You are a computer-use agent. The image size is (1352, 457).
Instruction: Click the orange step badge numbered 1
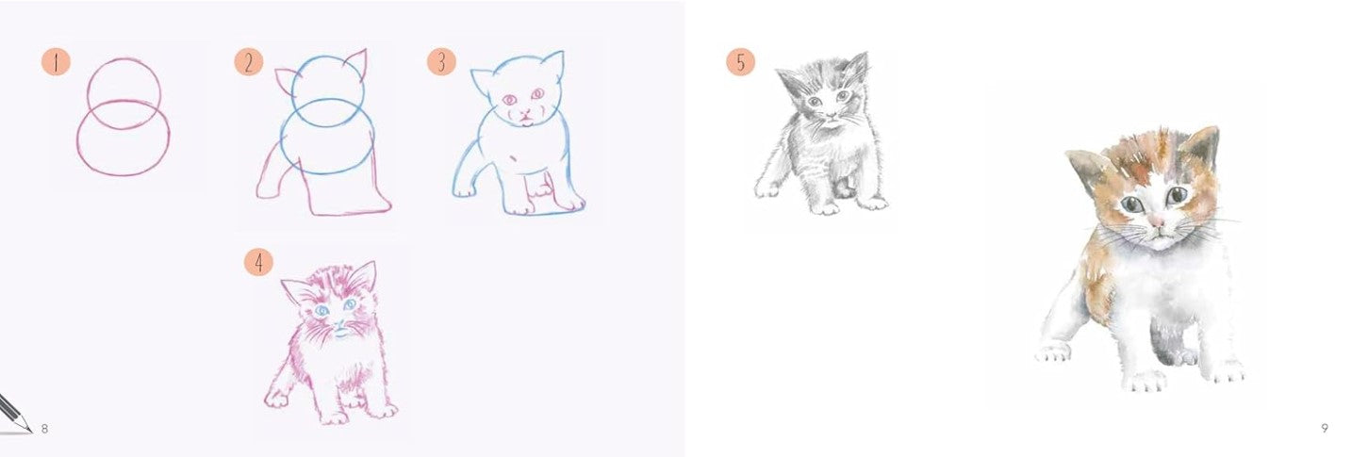57,63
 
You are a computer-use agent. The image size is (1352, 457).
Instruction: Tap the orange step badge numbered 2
249,62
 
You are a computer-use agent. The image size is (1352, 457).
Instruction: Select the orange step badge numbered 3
441,61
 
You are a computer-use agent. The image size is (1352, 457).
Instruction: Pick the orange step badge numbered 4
258,262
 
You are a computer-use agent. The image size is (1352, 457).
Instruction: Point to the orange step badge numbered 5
740,62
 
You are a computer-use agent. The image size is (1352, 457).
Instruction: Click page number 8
44,429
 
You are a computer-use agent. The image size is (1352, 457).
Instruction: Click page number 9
1325,428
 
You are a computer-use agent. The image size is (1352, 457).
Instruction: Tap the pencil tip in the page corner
30,431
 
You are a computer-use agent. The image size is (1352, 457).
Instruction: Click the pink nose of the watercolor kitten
1157,221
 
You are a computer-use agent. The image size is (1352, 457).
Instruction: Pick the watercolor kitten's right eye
1177,195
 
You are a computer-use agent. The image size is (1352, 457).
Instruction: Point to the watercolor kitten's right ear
1205,148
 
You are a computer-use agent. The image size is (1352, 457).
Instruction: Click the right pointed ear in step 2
357,64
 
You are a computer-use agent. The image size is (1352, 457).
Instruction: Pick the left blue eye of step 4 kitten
322,311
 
